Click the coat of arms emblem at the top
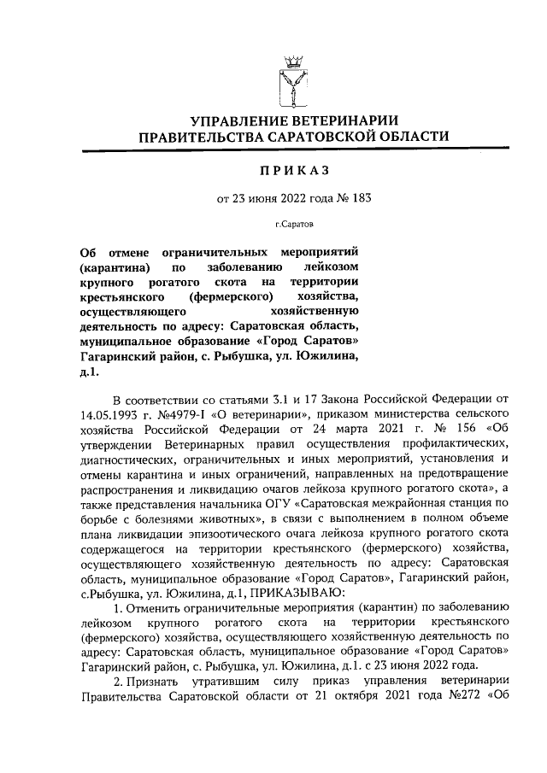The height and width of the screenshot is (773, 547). pos(293,79)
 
